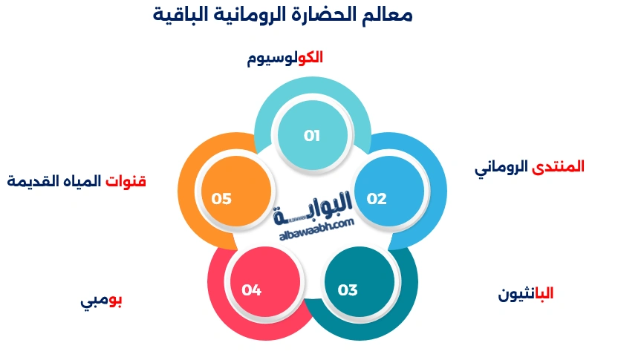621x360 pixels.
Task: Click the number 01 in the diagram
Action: [312, 136]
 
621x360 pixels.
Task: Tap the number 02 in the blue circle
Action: [377, 199]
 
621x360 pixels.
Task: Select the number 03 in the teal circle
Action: [348, 290]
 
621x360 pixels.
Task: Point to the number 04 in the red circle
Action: [251, 290]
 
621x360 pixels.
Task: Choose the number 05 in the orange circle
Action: [221, 199]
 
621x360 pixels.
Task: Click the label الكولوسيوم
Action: [285, 58]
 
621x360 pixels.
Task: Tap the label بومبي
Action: [102, 301]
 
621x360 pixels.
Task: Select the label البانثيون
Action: [526, 294]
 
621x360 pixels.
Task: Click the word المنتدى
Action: [559, 167]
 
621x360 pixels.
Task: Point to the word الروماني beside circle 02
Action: [502, 168]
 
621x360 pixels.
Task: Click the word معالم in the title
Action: [389, 13]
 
